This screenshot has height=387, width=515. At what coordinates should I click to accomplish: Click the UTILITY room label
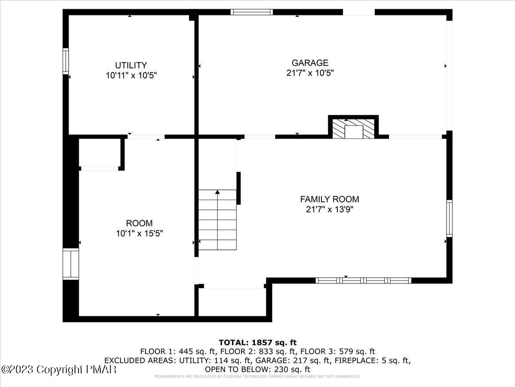[x=131, y=65]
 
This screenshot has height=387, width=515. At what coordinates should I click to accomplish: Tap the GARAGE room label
[x=310, y=63]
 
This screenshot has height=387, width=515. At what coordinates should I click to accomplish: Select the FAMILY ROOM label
[x=329, y=199]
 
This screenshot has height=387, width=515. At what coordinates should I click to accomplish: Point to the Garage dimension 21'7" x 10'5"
[x=310, y=73]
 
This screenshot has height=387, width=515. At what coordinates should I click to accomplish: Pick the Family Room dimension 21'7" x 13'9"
[x=329, y=209]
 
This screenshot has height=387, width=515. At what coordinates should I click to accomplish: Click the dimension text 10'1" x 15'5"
[x=139, y=233]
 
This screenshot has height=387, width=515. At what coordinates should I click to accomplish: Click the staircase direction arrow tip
[x=218, y=192]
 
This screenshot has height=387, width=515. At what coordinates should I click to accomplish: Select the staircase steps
[x=218, y=221]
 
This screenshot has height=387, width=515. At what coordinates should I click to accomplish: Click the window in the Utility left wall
[x=66, y=61]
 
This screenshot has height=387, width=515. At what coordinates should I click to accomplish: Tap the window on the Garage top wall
[x=251, y=12]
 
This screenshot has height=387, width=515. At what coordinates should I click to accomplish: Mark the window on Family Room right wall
[x=449, y=218]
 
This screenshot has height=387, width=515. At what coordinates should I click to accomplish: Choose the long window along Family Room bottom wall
[x=364, y=280]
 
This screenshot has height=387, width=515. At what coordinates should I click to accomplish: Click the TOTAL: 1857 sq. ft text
[x=257, y=343]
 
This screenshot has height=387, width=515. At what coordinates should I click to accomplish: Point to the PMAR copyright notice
[x=59, y=369]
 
